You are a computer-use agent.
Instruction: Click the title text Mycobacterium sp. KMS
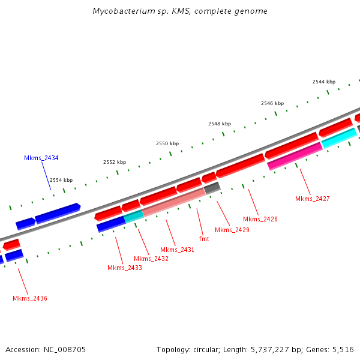(180, 11)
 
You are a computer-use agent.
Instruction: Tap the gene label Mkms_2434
(41, 158)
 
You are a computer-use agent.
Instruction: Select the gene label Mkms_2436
(30, 298)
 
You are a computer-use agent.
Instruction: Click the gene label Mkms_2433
(125, 268)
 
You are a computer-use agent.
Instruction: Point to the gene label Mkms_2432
(151, 259)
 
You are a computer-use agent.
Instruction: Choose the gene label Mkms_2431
(177, 250)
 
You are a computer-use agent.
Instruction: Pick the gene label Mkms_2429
(232, 230)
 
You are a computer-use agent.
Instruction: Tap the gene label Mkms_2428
(260, 219)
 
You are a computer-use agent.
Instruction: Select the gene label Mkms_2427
(313, 199)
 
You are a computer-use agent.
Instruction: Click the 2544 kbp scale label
(324, 82)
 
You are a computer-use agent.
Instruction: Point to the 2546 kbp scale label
(272, 103)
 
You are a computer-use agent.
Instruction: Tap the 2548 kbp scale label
(220, 124)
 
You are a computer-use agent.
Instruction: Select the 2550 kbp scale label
(167, 143)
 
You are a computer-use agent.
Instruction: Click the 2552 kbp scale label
(115, 162)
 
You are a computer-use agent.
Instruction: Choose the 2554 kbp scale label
(61, 180)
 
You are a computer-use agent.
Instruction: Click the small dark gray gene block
(212, 188)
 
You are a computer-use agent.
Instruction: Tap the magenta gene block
(295, 156)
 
